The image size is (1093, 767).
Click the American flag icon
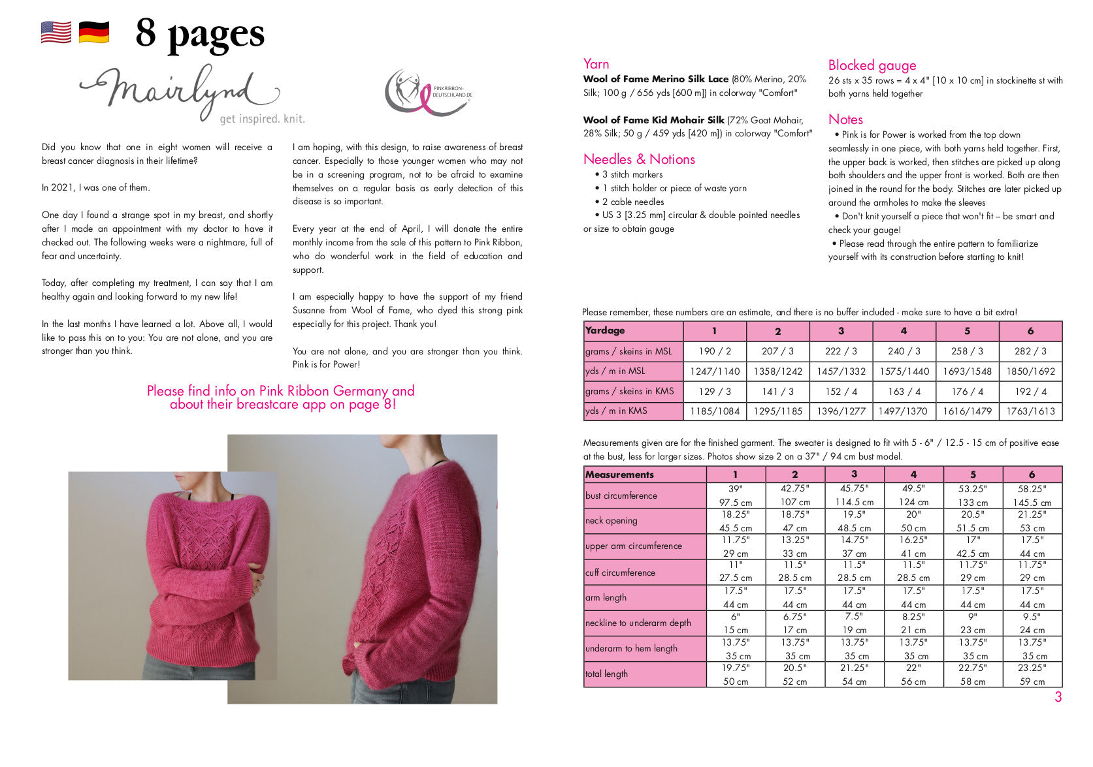pyautogui.click(x=56, y=32)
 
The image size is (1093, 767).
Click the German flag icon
pyautogui.click(x=94, y=32)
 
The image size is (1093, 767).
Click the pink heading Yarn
pyautogui.click(x=596, y=64)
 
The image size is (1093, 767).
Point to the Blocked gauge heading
pyautogui.click(x=872, y=65)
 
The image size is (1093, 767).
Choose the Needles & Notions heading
pyautogui.click(x=638, y=159)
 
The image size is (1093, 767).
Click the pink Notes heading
pyautogui.click(x=845, y=119)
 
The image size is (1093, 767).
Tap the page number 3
pyautogui.click(x=1058, y=697)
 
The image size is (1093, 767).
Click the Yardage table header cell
pyautogui.click(x=632, y=331)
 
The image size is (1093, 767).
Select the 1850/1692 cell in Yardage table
pyautogui.click(x=1030, y=371)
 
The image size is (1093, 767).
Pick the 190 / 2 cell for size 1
pyautogui.click(x=715, y=351)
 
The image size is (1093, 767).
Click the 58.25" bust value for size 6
pyautogui.click(x=1032, y=488)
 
